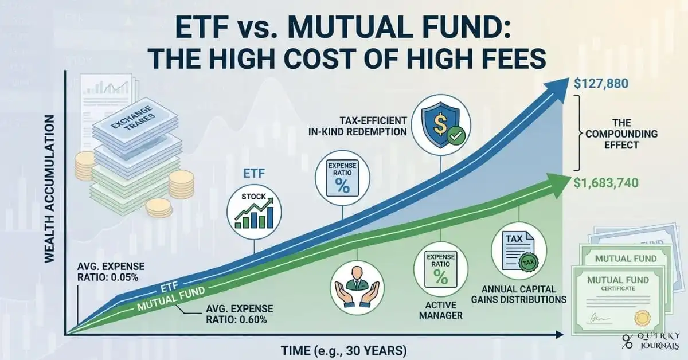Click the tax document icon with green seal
[518, 250]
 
